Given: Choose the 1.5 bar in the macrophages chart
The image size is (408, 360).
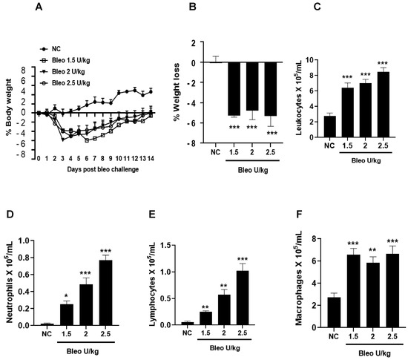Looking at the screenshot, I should [355, 290].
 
